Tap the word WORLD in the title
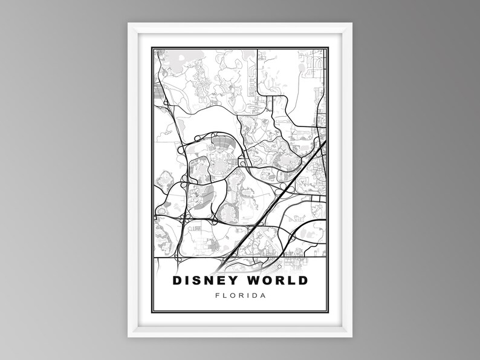276,281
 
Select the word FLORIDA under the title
240,296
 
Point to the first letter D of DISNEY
177,281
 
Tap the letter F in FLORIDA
217,296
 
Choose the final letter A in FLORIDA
263,296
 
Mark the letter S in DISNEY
195,281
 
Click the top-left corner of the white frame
128,24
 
